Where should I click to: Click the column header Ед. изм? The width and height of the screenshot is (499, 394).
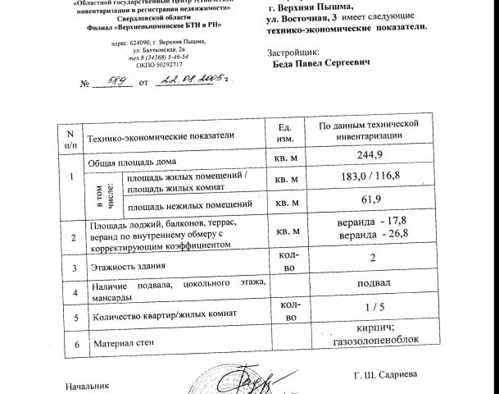coord(284,135)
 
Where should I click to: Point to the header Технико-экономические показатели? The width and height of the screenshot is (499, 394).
coord(161,135)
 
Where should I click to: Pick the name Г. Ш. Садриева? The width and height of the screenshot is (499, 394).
coord(385,374)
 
